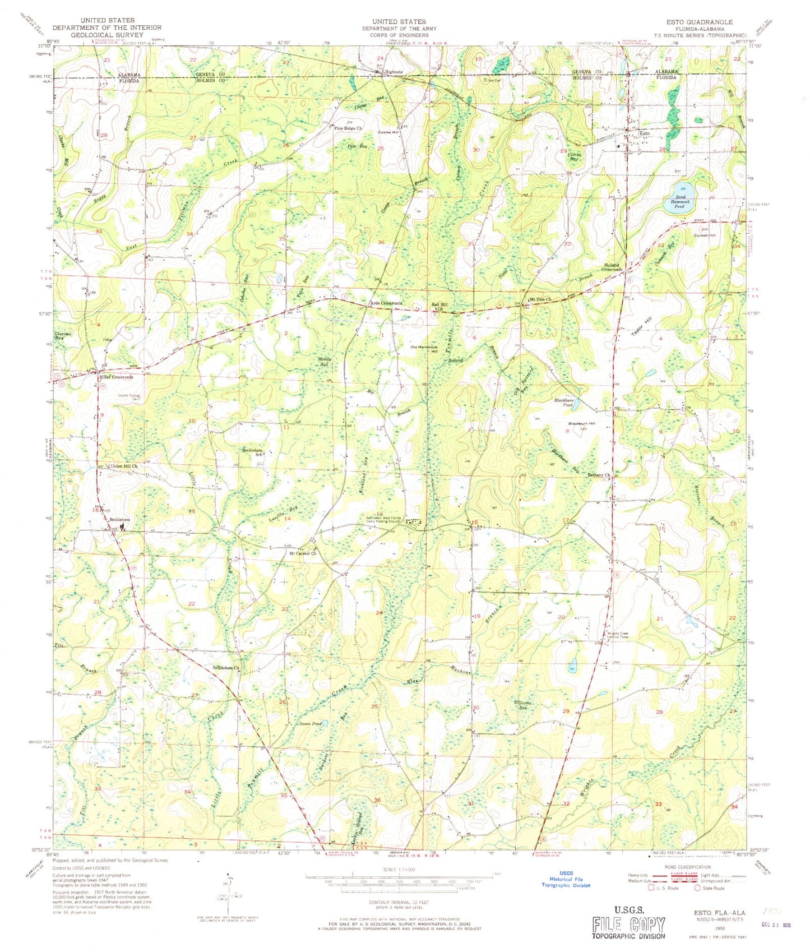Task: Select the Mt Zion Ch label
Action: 541,300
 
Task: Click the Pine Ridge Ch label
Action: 348,128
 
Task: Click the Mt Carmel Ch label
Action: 303,553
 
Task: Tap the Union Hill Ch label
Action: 124,466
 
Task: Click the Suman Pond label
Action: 310,724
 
